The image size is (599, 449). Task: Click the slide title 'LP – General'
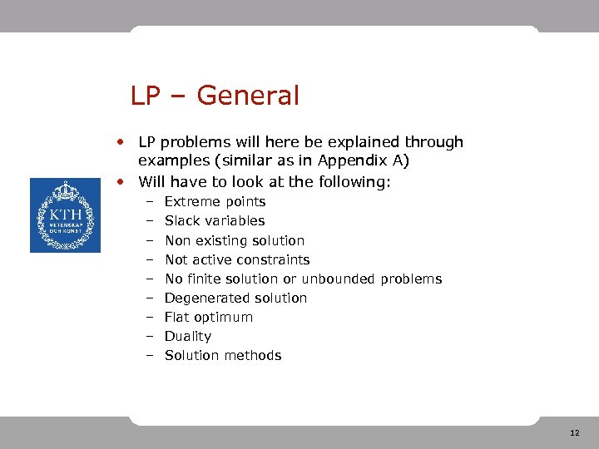tap(215, 96)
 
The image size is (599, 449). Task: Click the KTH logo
tap(65, 215)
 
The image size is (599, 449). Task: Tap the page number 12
tap(575, 433)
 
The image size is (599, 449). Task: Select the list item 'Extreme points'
tap(215, 202)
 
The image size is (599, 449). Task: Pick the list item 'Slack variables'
tap(215, 221)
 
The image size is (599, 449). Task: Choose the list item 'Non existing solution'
tap(235, 240)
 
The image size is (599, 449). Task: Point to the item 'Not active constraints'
tap(237, 259)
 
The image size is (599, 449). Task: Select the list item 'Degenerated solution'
tap(235, 298)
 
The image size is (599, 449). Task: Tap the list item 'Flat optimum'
tap(208, 317)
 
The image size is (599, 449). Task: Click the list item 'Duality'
tap(188, 336)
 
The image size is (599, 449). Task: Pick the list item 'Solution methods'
tap(223, 355)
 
